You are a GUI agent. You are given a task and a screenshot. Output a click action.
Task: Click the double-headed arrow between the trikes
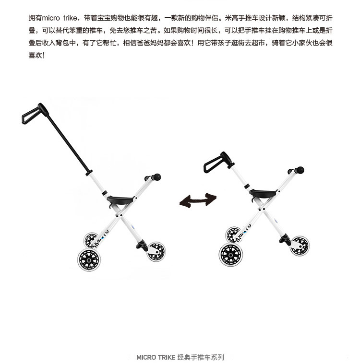point(197,200)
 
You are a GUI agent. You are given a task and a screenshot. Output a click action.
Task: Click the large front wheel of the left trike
point(89,259)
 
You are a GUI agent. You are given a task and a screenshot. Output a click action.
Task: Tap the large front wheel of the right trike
point(231,254)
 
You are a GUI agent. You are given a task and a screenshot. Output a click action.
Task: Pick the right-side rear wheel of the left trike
point(156,251)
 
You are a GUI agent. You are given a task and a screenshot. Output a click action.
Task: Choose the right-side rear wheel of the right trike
point(300,245)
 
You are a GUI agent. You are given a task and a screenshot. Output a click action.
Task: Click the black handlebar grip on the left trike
point(155,177)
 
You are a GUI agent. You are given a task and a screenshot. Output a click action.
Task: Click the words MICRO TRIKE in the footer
point(156,357)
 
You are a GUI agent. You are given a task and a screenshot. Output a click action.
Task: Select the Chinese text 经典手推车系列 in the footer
point(201,357)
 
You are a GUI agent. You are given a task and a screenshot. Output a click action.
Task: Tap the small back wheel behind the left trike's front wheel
point(91,239)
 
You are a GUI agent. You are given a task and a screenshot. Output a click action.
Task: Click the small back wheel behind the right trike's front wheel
point(233,234)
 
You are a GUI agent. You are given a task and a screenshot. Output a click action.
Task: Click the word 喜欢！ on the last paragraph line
point(37,55)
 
